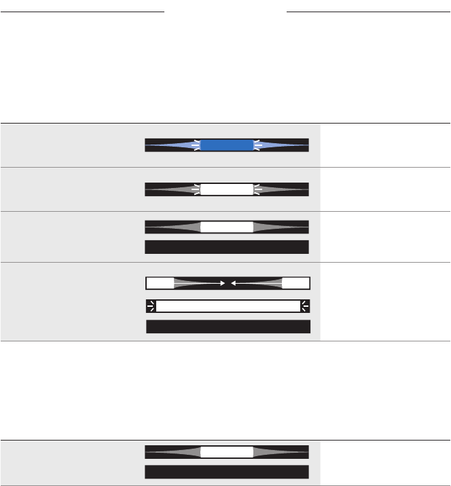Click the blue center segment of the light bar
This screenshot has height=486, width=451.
tap(227, 145)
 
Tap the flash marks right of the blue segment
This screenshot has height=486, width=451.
tap(257, 145)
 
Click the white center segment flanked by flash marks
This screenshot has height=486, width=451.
tap(227, 189)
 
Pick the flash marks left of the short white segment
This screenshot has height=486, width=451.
tap(196, 189)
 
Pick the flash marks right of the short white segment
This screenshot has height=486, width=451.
tap(257, 189)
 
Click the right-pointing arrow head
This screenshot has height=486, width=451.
tap(221, 283)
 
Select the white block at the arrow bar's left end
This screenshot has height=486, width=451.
tap(160, 283)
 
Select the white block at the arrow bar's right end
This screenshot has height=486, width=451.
tap(295, 283)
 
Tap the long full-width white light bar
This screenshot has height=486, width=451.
tap(228, 306)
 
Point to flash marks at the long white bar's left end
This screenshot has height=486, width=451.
tap(151, 306)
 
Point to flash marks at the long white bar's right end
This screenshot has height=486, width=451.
tap(306, 306)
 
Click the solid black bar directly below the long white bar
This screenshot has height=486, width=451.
tap(228, 327)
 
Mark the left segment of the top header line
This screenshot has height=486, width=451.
tap(82, 12)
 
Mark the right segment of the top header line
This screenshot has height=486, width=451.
tap(368, 12)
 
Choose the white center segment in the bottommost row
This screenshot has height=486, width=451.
tap(227, 451)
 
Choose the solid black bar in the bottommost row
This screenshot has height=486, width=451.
tap(227, 472)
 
